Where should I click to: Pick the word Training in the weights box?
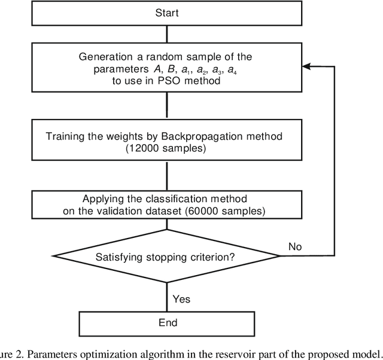pos(65,136)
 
